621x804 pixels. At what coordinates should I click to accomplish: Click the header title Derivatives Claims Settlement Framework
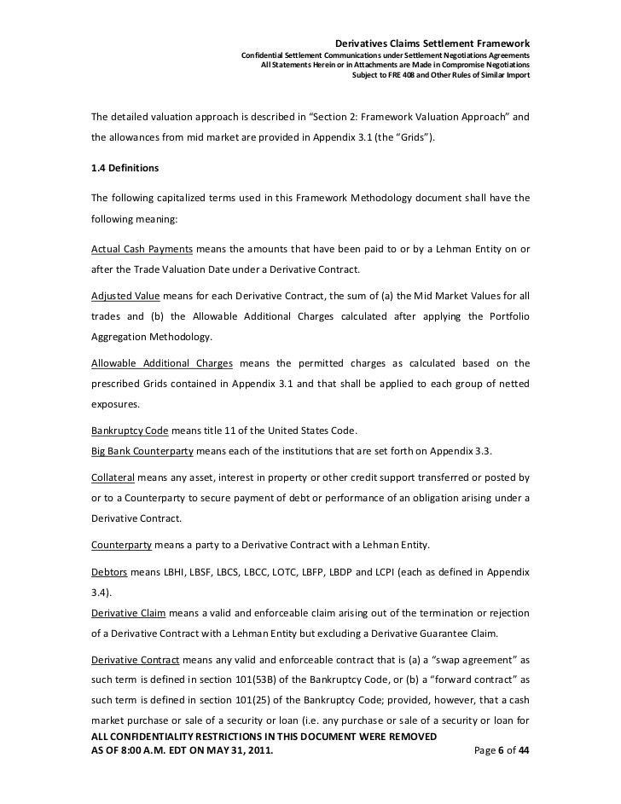point(432,43)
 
